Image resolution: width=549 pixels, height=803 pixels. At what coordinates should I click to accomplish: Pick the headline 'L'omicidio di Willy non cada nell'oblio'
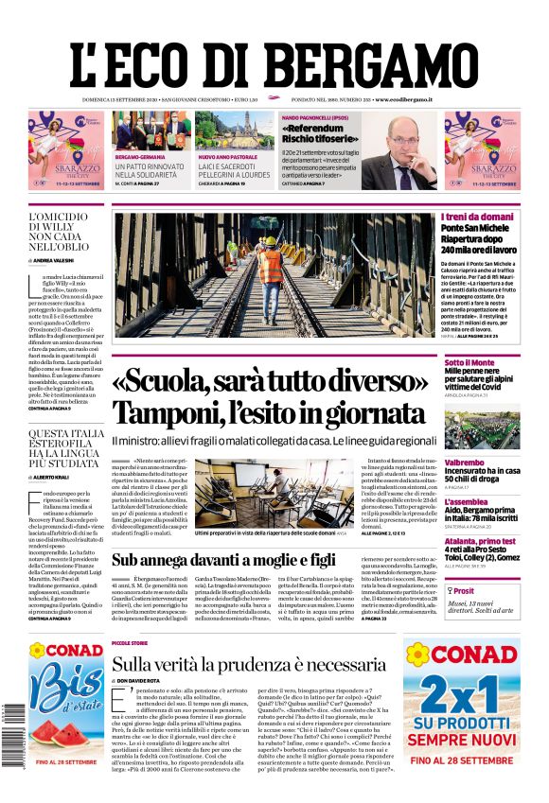coord(65,230)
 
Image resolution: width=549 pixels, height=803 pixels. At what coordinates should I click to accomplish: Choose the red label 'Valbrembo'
coord(465,461)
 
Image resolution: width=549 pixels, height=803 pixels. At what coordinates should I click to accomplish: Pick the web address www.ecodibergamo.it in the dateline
coord(402,99)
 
